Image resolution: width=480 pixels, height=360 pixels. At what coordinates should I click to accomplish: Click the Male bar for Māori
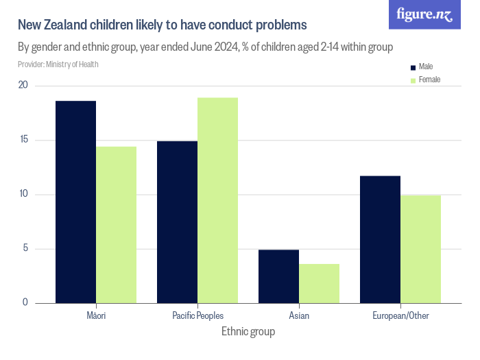tap(75, 202)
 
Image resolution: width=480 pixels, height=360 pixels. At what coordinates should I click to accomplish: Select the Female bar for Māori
tap(116, 224)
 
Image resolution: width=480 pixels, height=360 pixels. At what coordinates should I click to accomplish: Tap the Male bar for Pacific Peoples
tap(177, 221)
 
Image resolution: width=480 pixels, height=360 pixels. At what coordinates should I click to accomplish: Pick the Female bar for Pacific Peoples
tap(217, 200)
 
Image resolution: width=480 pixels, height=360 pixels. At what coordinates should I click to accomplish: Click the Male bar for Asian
tap(278, 276)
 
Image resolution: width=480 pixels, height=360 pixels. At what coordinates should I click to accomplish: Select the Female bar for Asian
tap(319, 283)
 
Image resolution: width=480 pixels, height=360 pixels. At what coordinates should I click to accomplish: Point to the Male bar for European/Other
tap(380, 239)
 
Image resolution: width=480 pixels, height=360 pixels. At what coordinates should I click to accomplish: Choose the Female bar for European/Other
tap(420, 249)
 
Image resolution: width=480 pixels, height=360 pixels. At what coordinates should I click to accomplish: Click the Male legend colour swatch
tap(413, 67)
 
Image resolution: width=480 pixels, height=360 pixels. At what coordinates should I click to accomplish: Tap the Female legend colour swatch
tap(413, 80)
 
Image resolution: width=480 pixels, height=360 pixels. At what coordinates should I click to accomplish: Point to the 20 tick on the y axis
tap(23, 86)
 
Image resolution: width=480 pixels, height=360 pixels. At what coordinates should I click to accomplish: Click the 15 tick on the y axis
tap(23, 140)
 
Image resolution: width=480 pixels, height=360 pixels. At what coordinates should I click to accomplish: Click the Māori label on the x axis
tap(95, 315)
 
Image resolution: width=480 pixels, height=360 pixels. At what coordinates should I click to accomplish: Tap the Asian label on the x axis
tap(298, 315)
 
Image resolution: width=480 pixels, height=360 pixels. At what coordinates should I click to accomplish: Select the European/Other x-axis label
tap(400, 315)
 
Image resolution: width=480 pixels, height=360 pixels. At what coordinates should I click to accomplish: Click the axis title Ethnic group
tap(248, 332)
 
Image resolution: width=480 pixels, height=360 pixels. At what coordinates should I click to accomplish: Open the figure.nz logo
tap(424, 15)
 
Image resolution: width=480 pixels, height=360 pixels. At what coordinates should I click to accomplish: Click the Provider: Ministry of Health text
tap(58, 64)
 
